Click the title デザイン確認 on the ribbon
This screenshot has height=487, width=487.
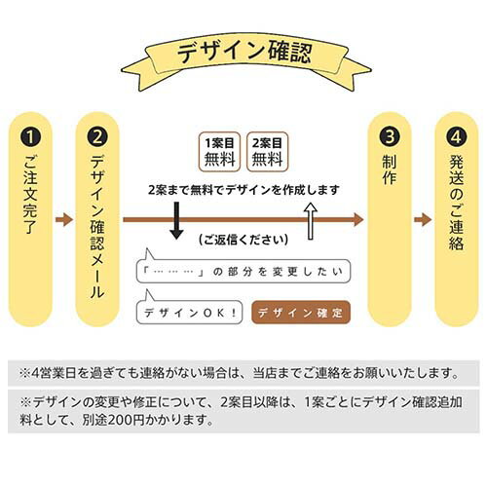click(x=244, y=52)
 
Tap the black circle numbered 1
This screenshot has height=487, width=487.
click(x=30, y=137)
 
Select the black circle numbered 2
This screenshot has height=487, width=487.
click(x=97, y=137)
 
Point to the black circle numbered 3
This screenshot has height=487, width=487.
click(x=390, y=137)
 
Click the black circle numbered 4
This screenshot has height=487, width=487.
click(x=457, y=137)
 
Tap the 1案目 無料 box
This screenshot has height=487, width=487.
click(x=219, y=152)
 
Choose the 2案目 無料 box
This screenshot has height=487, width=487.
click(x=267, y=152)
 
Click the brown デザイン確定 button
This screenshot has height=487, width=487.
click(x=301, y=313)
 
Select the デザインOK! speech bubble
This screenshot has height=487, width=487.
click(x=189, y=313)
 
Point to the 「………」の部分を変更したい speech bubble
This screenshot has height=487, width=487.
click(x=243, y=271)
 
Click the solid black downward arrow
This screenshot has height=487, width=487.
click(x=176, y=221)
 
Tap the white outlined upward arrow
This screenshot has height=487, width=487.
click(x=311, y=221)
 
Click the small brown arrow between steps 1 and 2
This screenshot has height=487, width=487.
click(x=64, y=220)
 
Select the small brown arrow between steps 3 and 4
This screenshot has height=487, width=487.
click(x=423, y=220)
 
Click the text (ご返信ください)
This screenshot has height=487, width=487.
click(x=243, y=240)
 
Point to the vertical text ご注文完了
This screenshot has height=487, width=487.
click(x=30, y=194)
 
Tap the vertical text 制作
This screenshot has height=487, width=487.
click(x=390, y=169)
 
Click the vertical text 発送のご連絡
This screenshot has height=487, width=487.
click(x=457, y=203)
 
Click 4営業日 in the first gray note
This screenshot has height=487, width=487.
click(x=54, y=373)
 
